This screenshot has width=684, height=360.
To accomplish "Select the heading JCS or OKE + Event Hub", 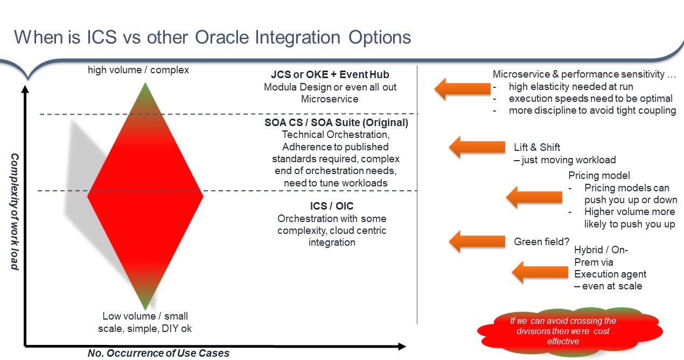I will click(x=330, y=75).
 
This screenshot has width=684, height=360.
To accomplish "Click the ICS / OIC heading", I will click(x=332, y=206).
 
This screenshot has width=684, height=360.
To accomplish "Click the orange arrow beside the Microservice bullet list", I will click(x=461, y=88).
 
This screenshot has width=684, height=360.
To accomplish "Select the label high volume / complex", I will click(x=138, y=70).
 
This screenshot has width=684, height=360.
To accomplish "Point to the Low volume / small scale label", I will click(x=145, y=322).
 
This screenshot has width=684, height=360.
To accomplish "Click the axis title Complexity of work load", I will click(x=15, y=211).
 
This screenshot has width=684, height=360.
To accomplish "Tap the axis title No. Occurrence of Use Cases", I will click(x=158, y=354).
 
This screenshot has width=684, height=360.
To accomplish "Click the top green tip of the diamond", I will click(x=145, y=87).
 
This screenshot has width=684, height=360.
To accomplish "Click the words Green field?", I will click(x=542, y=241).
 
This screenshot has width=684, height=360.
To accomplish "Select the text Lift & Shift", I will click(x=537, y=147).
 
